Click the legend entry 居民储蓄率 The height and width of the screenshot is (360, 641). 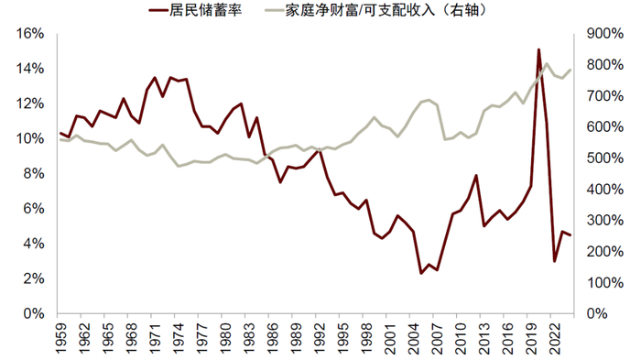click(195, 10)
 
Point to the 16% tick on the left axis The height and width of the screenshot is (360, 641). click(30, 34)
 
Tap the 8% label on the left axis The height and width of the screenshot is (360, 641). click(34, 173)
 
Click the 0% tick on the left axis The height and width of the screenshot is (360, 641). click(34, 313)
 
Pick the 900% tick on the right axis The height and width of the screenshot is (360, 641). click(605, 34)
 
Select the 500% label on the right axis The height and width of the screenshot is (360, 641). click(605, 158)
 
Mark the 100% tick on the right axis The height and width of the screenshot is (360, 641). click(605, 282)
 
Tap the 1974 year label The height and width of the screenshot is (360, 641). click(175, 338)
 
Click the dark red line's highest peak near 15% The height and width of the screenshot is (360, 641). click(538, 49)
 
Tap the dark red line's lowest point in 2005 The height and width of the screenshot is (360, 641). click(421, 273)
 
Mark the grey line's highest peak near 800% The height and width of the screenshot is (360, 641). click(547, 64)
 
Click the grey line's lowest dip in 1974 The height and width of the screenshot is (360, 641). click(179, 166)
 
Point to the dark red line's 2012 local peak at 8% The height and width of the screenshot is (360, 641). click(476, 176)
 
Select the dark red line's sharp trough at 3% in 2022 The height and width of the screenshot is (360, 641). click(554, 261)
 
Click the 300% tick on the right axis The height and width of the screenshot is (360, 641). click(605, 220)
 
